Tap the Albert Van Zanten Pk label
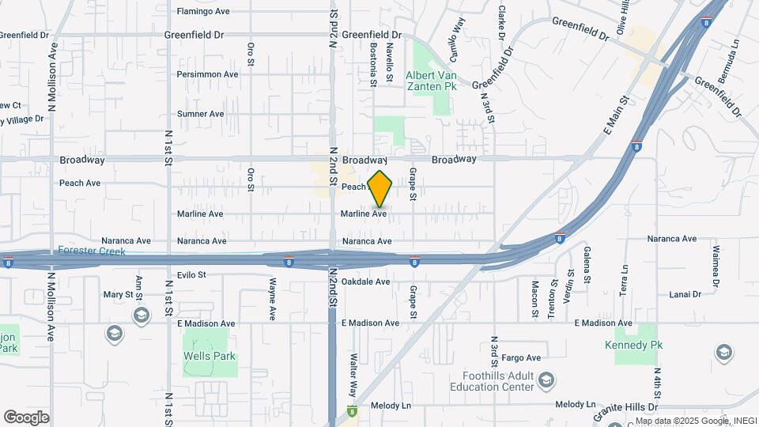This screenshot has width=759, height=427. click(432, 80)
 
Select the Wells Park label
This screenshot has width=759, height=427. click(210, 356)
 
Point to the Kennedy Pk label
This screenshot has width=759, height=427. click(633, 346)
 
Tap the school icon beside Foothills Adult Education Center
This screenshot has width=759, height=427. click(546, 382)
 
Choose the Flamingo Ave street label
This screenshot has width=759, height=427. click(203, 12)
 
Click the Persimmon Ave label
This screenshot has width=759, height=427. click(207, 74)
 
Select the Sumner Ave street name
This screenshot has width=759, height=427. click(201, 114)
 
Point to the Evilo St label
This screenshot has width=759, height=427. click(191, 275)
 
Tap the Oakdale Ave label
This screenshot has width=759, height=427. click(366, 282)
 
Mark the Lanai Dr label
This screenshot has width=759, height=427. click(685, 294)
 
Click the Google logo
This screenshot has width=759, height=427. click(26, 417)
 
